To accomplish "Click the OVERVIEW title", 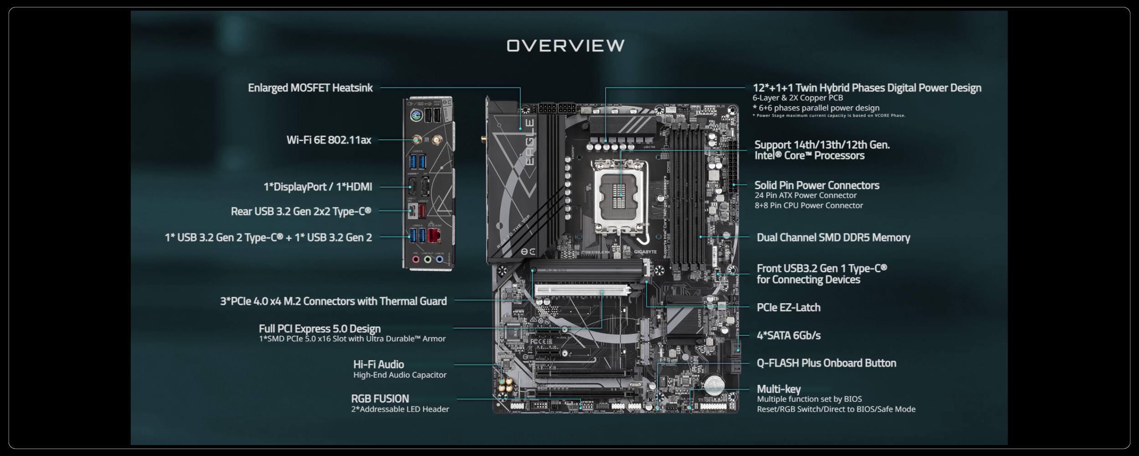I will point(565,46).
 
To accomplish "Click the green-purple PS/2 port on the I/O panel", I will point(415,115).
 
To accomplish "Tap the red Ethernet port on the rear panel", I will point(434,235).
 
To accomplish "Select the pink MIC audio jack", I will point(416,259).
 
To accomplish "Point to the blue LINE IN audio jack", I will point(439,259).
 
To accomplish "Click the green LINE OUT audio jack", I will point(427,259).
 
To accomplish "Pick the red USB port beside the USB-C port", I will point(422,211).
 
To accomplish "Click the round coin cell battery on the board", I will point(714,384).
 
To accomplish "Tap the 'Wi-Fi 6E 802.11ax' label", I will point(328,140).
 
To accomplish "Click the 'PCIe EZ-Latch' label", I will point(788,307).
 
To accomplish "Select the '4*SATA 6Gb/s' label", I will point(788,336).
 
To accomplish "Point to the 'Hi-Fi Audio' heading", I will point(378,364).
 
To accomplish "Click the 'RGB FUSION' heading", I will point(380,399).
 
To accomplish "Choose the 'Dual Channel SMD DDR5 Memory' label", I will point(833,238).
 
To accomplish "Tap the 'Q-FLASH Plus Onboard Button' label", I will point(826,363).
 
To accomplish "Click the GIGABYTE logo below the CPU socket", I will point(645,252).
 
